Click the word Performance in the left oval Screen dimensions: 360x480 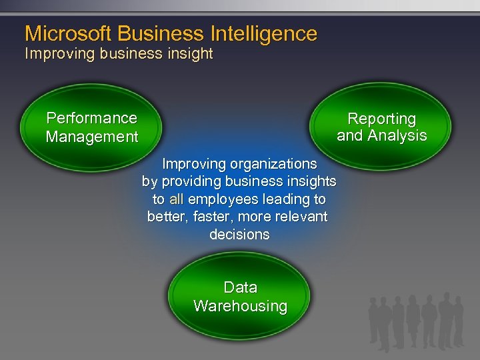pyautogui.click(x=91, y=118)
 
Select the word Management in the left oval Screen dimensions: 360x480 pyautogui.click(x=91, y=137)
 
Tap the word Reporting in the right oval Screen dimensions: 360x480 pyautogui.click(x=381, y=119)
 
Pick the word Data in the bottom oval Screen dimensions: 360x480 pyautogui.click(x=240, y=287)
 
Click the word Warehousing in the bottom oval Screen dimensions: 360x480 pyautogui.click(x=240, y=306)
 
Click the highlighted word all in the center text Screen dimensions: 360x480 pyautogui.click(x=176, y=199)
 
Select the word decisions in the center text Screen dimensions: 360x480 pyautogui.click(x=239, y=235)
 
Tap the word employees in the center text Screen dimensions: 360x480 pyautogui.click(x=223, y=199)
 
